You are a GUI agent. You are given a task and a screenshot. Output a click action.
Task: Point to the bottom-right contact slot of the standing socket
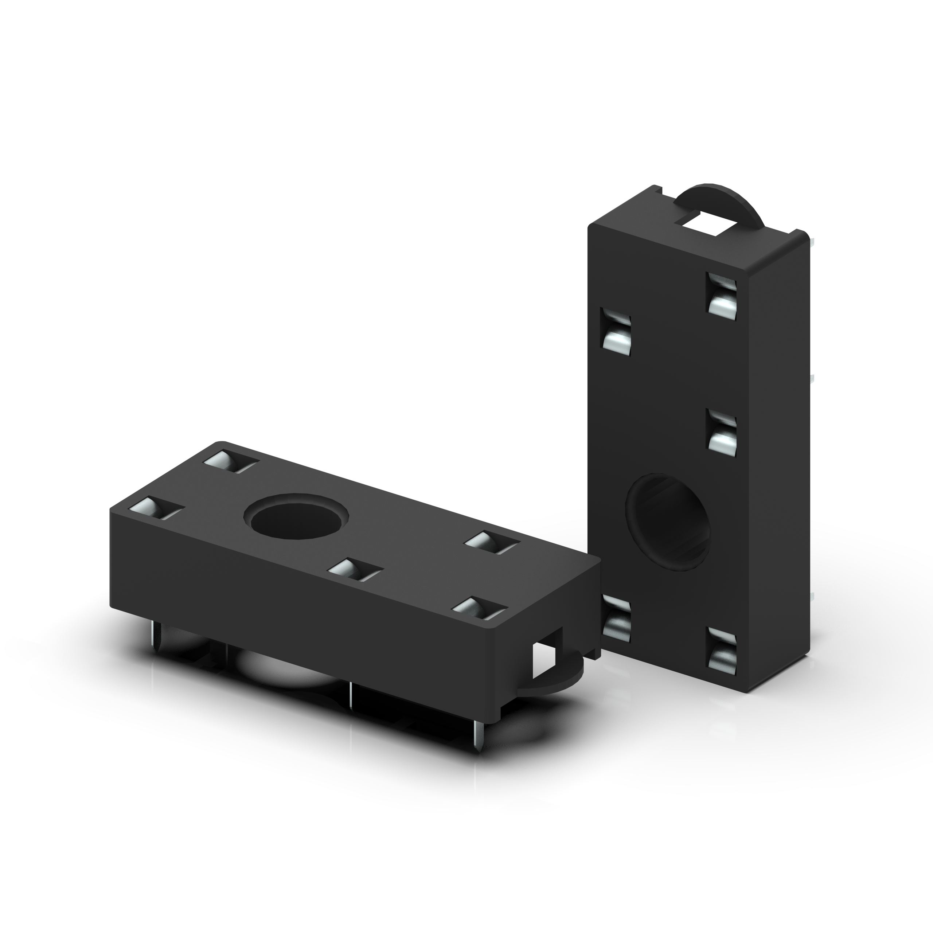pyautogui.click(x=721, y=651)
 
